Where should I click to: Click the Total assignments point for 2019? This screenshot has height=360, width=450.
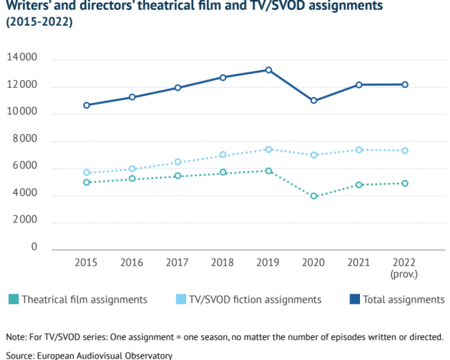[x=269, y=70]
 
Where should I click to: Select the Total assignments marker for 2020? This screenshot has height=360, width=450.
[x=314, y=100]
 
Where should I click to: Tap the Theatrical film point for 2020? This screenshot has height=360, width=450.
[x=314, y=196]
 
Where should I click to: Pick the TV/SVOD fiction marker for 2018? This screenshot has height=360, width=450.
[x=223, y=155]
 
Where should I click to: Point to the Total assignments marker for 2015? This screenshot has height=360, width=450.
[x=87, y=105]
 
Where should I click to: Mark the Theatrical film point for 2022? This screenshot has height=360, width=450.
[x=405, y=183]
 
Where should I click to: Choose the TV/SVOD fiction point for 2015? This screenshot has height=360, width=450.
[x=87, y=172]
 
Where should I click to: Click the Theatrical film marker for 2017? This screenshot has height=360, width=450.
[x=178, y=176]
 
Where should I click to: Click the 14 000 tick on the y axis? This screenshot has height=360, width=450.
[x=22, y=57]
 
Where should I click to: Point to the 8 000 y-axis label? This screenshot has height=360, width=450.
[x=25, y=138]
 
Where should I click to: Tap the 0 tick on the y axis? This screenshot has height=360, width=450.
[x=34, y=246]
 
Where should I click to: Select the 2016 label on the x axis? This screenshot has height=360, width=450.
[x=132, y=262]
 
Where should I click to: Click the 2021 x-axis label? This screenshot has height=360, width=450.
[x=359, y=262]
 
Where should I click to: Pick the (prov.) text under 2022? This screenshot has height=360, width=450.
[x=404, y=274]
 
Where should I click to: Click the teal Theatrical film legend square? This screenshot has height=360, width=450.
[x=13, y=299]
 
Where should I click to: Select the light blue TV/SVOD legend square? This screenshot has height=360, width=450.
[x=181, y=299]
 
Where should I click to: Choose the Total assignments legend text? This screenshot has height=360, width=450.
[x=404, y=300]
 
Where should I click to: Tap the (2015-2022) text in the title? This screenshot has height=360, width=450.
[x=39, y=22]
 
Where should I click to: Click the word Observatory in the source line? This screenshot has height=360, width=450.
[x=149, y=355]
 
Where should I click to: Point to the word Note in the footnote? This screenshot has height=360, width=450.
[x=16, y=337]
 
